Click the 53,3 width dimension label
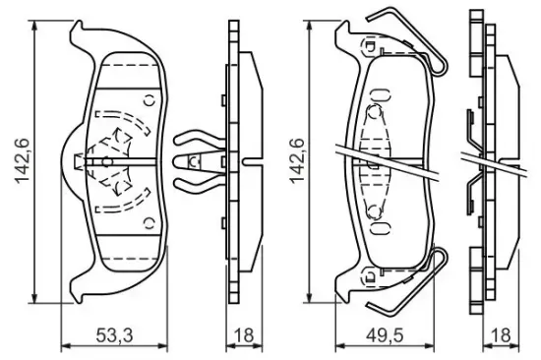pos(114,335)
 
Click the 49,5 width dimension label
pos(385,335)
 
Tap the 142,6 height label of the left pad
pos(23,161)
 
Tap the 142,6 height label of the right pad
pos(297,161)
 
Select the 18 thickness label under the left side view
pos(244,335)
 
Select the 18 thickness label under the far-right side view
pos(501,335)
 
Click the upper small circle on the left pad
pos(150,100)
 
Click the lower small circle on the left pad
pos(150,223)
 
